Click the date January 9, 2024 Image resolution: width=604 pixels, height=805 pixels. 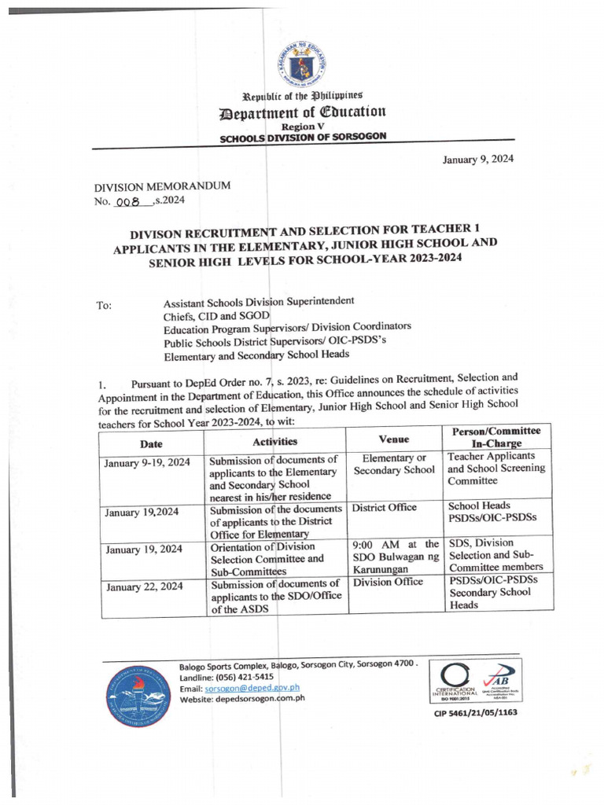coord(478,158)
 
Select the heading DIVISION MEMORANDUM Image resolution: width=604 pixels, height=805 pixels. coord(163,187)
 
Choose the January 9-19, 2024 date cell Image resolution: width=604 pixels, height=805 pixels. coord(148,463)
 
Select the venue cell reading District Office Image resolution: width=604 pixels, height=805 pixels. coord(385,508)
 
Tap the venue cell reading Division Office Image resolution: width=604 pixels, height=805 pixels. coord(389,583)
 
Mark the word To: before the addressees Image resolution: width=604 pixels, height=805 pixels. coord(104,307)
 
